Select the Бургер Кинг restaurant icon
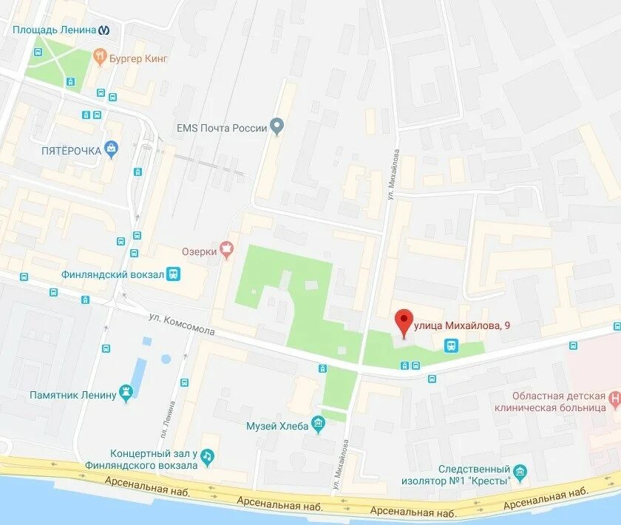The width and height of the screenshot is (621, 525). [99, 57]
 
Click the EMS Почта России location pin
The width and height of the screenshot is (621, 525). [276, 127]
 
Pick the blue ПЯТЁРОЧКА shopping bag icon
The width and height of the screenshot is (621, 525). [112, 149]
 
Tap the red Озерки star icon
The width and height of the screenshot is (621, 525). [227, 252]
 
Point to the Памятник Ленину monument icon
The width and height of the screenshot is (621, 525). [127, 394]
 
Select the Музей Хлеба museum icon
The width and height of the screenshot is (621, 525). [319, 424]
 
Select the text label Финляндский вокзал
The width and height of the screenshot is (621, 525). [113, 274]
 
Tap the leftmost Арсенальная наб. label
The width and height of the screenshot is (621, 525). [147, 492]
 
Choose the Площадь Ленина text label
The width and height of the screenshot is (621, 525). [55, 30]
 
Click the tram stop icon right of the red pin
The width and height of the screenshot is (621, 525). [450, 345]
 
